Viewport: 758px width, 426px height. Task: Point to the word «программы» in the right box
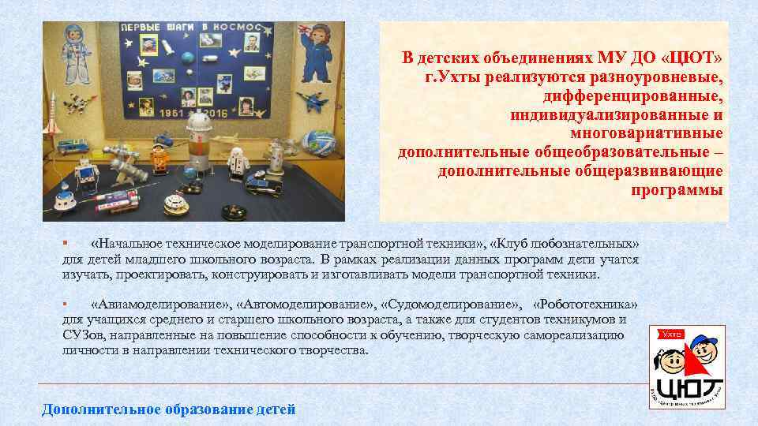[677, 190]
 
